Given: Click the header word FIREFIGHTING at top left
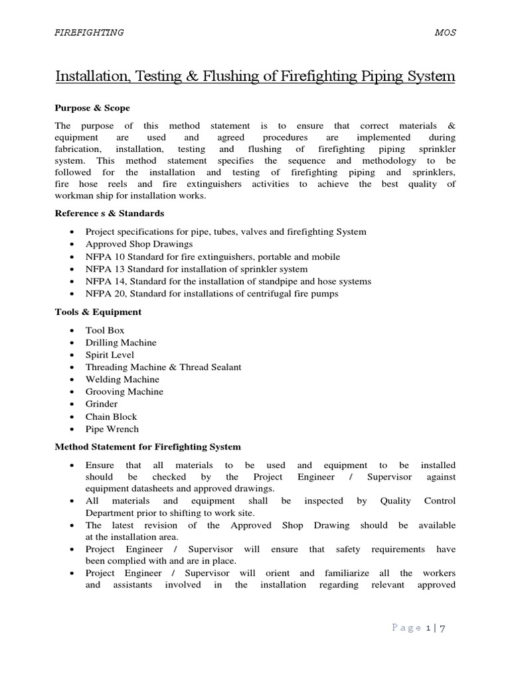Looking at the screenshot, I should (89, 32).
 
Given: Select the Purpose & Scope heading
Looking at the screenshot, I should (92, 107).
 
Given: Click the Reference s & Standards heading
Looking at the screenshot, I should (110, 213).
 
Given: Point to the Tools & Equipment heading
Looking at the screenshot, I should (98, 312).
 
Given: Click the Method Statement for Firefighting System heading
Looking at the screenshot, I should (147, 447).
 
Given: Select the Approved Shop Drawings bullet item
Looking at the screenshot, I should (139, 244).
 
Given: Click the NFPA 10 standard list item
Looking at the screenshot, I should (212, 257).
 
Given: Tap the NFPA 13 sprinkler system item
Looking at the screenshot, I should (197, 269).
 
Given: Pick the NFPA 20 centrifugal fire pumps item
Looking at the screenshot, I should (212, 293).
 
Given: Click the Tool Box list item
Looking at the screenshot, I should (105, 330).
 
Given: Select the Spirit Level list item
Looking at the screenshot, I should (110, 355).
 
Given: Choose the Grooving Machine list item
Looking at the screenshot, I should (124, 391).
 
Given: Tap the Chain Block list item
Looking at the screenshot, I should (111, 416).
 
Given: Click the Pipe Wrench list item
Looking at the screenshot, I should (112, 428).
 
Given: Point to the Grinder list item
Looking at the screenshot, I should (102, 404).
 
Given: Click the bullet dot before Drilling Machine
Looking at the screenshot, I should (72, 343).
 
